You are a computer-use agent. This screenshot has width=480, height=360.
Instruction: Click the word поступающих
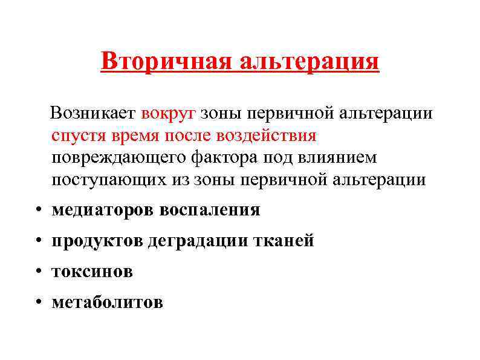click(x=103, y=180)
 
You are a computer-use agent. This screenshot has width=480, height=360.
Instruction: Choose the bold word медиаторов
click(x=103, y=210)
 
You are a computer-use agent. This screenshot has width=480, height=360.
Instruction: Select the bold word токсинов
click(x=92, y=272)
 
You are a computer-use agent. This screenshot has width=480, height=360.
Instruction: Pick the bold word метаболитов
click(x=107, y=302)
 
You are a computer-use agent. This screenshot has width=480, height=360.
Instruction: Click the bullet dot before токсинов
click(x=37, y=272)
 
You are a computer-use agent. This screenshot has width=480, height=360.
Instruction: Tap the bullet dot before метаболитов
click(x=37, y=303)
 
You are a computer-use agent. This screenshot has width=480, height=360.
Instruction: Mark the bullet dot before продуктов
click(x=37, y=241)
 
